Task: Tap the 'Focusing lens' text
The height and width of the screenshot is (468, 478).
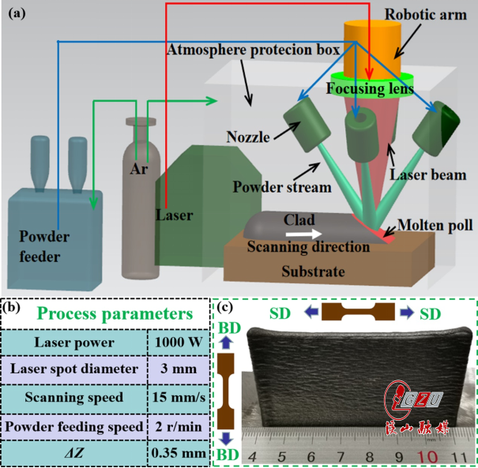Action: pos(371,89)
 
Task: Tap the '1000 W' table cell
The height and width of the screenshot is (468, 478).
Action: pos(178,343)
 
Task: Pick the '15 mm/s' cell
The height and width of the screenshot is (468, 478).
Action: pos(178,397)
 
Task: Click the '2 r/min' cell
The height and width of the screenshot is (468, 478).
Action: pos(178,425)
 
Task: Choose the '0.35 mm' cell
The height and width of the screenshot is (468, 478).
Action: pos(178,452)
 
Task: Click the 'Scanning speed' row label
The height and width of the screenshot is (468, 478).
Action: pos(72,397)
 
